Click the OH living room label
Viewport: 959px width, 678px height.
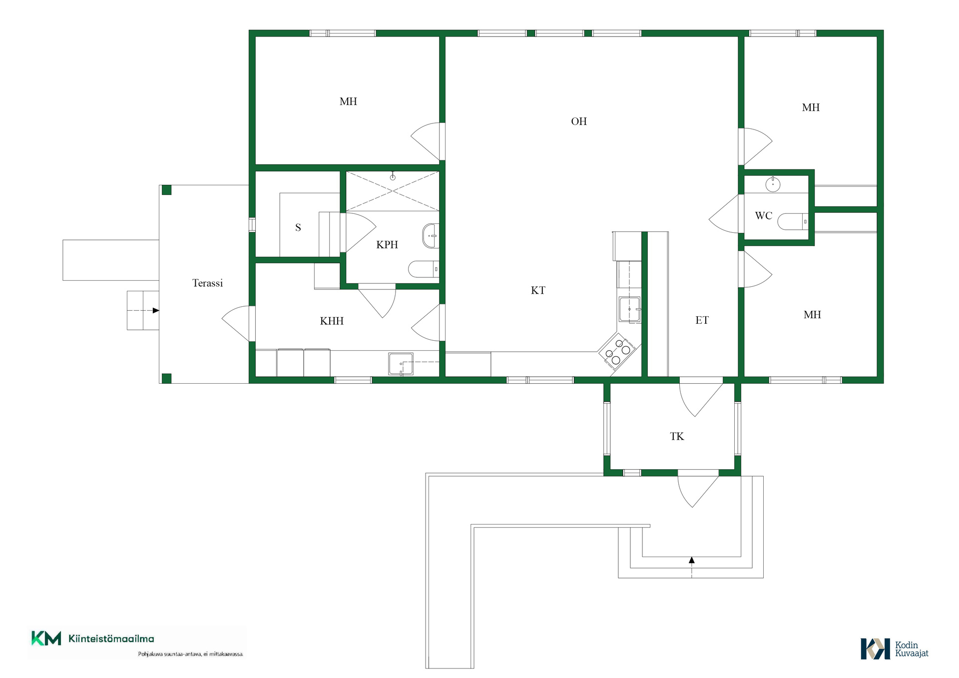579,121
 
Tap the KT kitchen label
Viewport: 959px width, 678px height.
538,290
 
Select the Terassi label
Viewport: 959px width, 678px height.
207,283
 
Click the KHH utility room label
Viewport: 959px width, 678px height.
332,321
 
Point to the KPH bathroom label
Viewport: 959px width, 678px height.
387,244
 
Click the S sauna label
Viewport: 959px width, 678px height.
298,228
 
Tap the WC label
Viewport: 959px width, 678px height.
763,216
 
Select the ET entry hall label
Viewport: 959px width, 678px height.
702,320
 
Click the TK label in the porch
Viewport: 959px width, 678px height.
677,437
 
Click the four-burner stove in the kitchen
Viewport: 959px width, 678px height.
617,351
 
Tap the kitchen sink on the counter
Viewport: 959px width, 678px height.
630,310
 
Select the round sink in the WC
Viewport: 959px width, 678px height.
773,184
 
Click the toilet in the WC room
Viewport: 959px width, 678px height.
793,221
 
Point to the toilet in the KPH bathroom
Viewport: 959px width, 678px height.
424,269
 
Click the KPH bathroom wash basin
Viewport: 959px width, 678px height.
430,236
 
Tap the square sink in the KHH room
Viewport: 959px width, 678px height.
401,364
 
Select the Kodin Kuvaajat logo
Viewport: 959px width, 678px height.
894,649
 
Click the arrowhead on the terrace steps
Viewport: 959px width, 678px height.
156,311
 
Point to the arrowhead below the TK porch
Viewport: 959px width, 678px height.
692,560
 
